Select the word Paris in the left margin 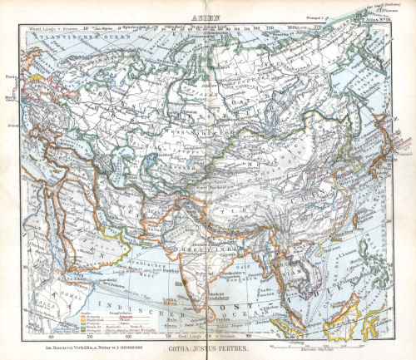[11, 76]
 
